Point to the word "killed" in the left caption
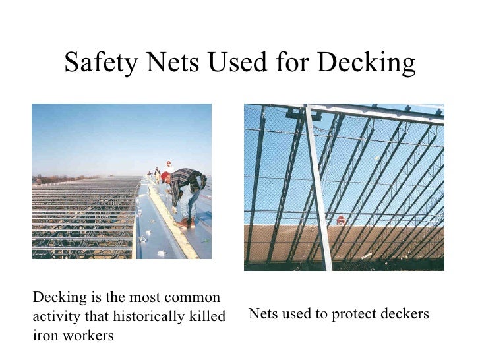click(206, 316)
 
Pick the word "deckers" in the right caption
click(402, 314)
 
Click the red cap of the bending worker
click(165, 177)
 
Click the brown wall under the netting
click(277, 244)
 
